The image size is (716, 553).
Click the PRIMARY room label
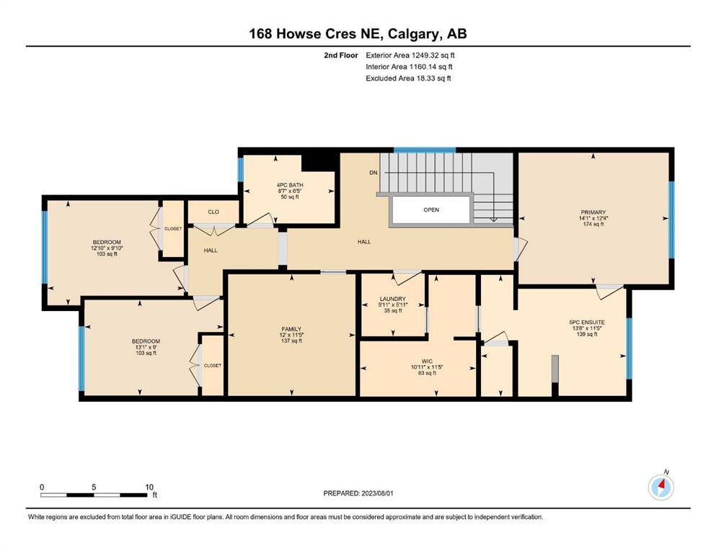pos(593,212)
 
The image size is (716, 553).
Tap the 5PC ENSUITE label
pos(587,323)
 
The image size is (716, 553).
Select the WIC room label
pos(427,361)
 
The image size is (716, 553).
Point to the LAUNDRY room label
pos(393,299)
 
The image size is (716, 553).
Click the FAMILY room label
pos(291,329)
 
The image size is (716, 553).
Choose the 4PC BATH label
pos(290,185)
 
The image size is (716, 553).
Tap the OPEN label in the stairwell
pos(431,210)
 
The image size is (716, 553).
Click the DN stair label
pos(374,173)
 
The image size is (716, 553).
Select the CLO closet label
pos(213,212)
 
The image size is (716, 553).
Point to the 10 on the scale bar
pos(149,487)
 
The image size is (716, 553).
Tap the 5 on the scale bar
pos(94,487)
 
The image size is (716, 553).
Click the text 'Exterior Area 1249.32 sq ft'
pos(410,55)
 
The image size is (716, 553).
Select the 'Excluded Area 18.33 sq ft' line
pos(408,78)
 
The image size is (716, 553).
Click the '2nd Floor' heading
pos(340,55)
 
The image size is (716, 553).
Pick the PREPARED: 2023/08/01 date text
pos(358,493)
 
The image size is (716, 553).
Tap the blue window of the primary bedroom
pos(672,220)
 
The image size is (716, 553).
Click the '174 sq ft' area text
pos(593,225)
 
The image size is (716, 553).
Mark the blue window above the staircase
pos(425,150)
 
